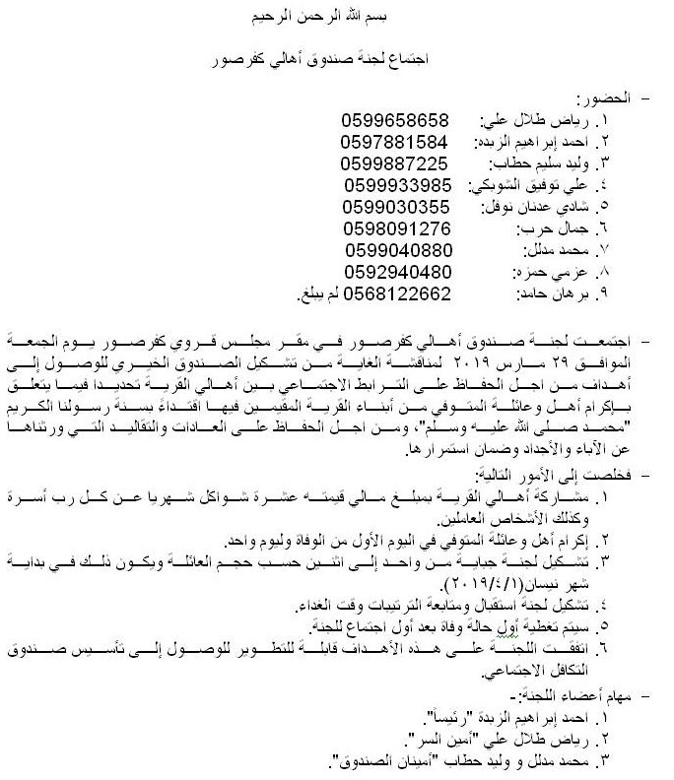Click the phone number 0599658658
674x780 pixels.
pyautogui.click(x=394, y=121)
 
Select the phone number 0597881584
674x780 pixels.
pyautogui.click(x=394, y=142)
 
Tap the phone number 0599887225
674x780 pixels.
pyautogui.click(x=394, y=162)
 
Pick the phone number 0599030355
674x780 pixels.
pyautogui.click(x=396, y=207)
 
